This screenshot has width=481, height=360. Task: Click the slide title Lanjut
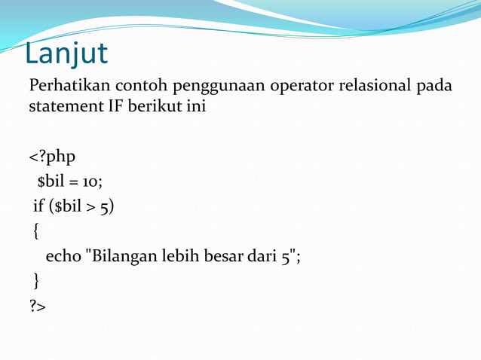66,53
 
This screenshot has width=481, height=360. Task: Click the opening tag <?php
52,157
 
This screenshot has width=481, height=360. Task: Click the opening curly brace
37,231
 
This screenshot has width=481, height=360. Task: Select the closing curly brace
36,281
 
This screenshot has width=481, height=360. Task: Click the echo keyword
63,256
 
